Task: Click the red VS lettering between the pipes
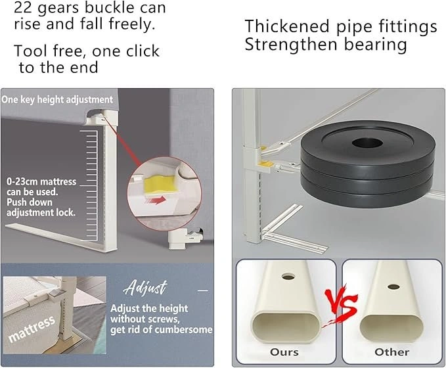(x=341, y=306)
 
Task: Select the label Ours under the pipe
(x=284, y=352)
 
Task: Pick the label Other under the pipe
(x=392, y=352)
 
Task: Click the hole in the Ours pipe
(x=288, y=276)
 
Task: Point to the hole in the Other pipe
(x=393, y=287)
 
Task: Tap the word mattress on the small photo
(x=32, y=329)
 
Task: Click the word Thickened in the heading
(x=287, y=26)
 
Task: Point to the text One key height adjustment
(x=57, y=100)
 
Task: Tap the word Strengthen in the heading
(x=291, y=45)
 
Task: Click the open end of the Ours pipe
(x=286, y=327)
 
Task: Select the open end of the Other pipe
(x=391, y=327)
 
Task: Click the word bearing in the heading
(x=376, y=45)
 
